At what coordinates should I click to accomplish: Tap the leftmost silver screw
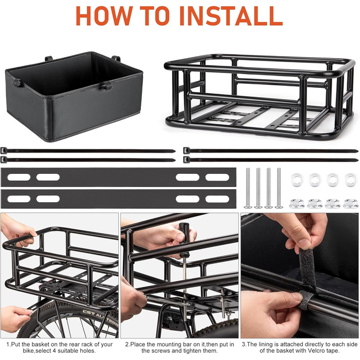[248, 188]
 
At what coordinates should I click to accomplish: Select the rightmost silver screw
[279, 188]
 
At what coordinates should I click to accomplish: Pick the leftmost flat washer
[297, 180]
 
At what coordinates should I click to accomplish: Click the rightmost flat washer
[351, 180]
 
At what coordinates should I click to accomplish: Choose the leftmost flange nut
[297, 204]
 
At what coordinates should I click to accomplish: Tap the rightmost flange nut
[351, 204]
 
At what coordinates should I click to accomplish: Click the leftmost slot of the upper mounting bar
[19, 177]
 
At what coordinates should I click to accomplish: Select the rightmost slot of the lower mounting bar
[217, 199]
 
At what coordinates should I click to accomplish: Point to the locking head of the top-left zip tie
[4, 151]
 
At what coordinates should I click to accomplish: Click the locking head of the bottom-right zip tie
[186, 159]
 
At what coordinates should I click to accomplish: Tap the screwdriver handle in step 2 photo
[184, 239]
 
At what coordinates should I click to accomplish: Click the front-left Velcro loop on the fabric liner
[19, 83]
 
